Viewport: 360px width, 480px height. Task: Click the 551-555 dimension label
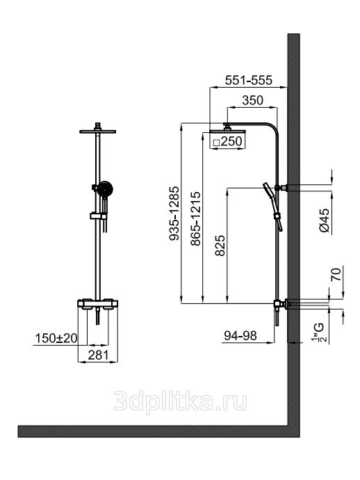(x=248, y=80)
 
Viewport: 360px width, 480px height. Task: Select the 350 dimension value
(x=252, y=100)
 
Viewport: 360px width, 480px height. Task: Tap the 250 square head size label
(x=231, y=141)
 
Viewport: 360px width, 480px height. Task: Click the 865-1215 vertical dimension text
(x=195, y=218)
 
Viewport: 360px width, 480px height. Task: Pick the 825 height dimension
(x=220, y=245)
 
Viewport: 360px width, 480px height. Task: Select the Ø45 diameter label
(x=325, y=221)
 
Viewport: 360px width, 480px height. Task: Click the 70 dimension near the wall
(x=336, y=274)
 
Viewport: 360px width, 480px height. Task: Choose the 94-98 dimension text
(x=240, y=336)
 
